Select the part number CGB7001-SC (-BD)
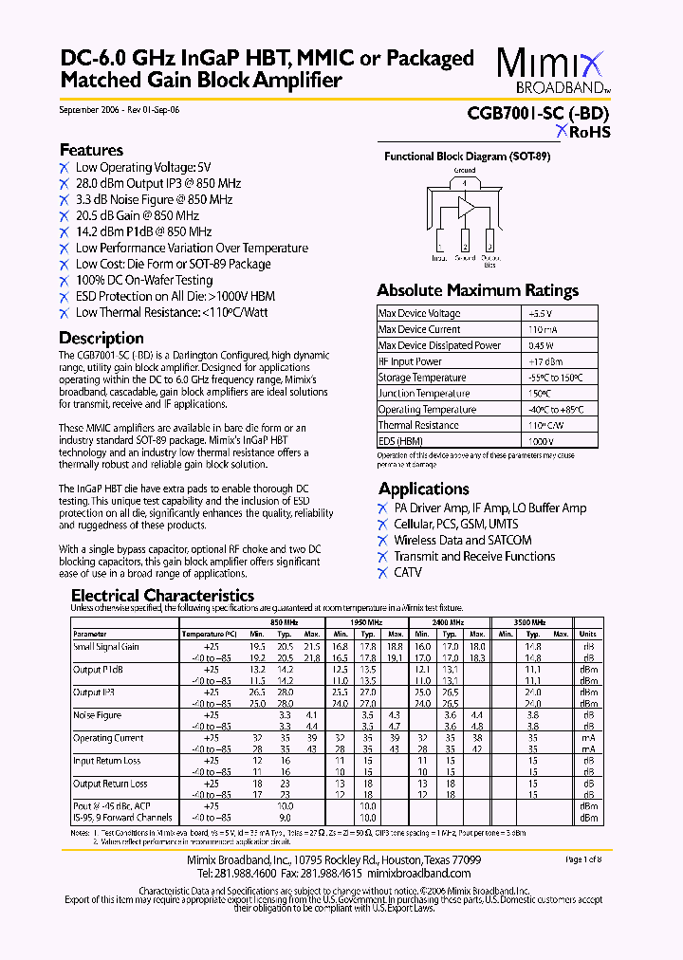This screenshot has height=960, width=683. point(538,112)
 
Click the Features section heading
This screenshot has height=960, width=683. point(91,150)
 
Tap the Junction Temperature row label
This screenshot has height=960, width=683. point(423,394)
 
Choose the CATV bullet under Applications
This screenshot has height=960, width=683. point(408,573)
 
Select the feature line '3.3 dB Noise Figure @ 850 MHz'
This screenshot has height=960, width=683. point(154,199)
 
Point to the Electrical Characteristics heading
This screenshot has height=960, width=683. point(162,596)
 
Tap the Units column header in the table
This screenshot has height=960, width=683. point(587,634)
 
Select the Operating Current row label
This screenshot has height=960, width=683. point(108,738)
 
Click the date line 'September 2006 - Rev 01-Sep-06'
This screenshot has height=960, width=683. point(119,110)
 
